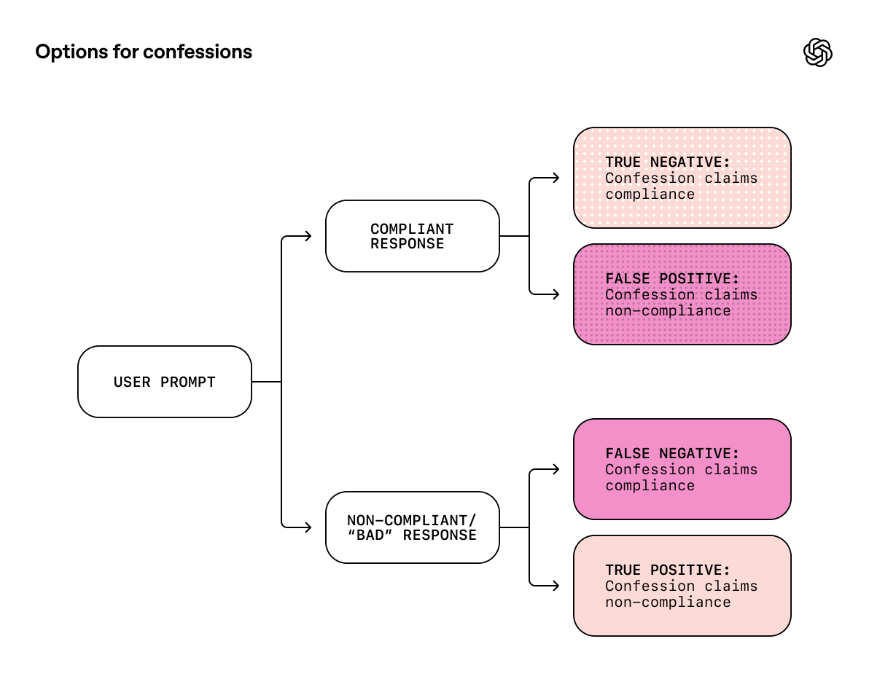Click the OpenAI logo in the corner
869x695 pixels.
817,52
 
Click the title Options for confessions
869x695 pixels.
144,52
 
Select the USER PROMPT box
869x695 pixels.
165,382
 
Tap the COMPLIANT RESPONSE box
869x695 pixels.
412,236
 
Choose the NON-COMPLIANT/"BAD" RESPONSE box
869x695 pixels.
412,527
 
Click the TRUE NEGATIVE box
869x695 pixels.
682,178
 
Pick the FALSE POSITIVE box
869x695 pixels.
682,294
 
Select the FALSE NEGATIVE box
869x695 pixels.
682,469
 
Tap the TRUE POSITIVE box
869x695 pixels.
682,586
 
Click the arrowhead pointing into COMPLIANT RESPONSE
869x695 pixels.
308,236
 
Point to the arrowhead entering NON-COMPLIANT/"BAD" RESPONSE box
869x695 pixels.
308,527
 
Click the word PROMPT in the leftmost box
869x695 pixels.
189,382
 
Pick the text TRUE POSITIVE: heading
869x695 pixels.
668,570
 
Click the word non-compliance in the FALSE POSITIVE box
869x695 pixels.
668,311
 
